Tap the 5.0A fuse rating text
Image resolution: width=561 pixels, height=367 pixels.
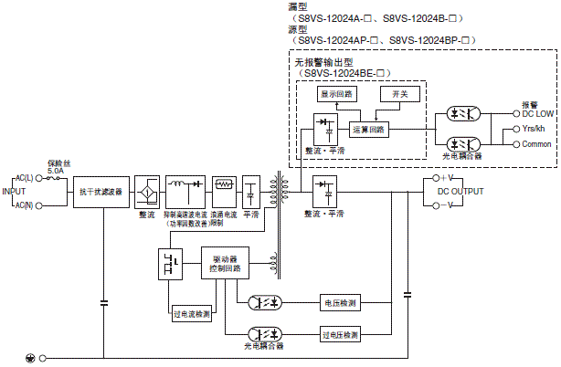pos(56,171)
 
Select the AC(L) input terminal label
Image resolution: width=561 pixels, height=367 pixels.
pos(24,178)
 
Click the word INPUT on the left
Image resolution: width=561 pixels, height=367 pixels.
pos(13,192)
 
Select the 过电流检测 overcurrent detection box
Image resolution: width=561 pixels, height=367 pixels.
pos(190,313)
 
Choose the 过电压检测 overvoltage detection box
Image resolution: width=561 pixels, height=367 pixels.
pos(340,335)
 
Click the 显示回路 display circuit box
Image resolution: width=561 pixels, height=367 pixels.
pos(337,94)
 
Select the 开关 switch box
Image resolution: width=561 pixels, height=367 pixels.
pos(400,94)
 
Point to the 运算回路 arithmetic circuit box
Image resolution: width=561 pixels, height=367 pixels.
pos(369,129)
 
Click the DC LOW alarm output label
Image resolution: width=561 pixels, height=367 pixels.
pos(537,113)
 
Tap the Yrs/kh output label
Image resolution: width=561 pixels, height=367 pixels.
pos(534,129)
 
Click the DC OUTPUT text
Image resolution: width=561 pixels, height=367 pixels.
pos(454,191)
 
